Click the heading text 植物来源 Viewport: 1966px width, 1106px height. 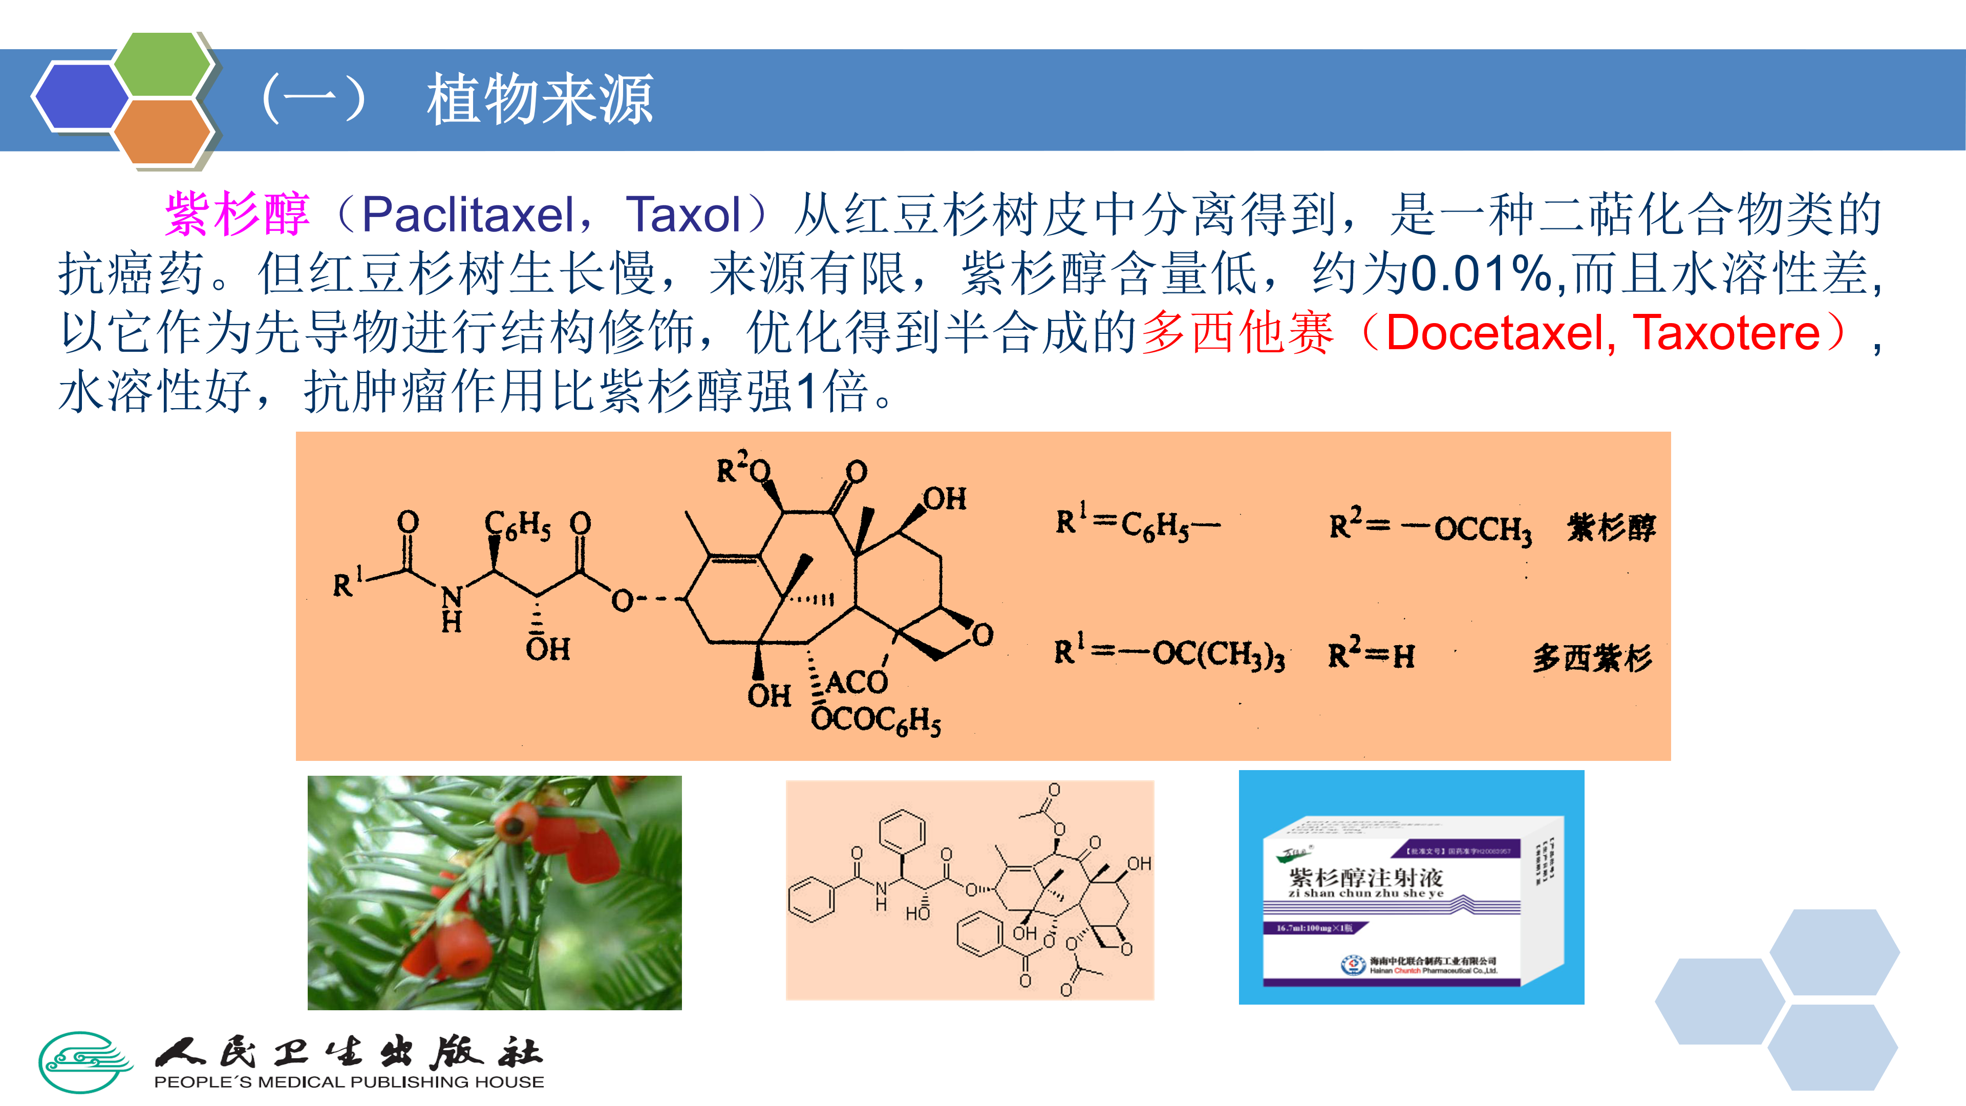point(540,99)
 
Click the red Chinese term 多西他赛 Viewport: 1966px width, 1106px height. point(1237,333)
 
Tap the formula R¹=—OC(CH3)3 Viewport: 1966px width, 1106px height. point(1168,654)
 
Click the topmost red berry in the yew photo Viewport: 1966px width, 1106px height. point(515,825)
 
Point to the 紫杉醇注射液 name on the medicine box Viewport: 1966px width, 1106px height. point(1365,878)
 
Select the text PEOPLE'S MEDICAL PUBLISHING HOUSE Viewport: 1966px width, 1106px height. point(349,1082)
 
